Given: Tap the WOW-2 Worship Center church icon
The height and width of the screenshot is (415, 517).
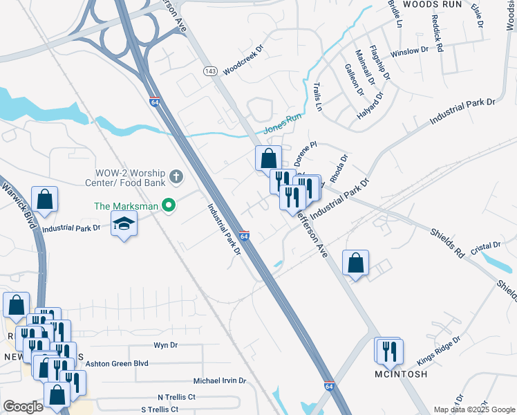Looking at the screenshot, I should (176, 176).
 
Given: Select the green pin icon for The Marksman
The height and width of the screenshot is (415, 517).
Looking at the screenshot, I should (167, 205).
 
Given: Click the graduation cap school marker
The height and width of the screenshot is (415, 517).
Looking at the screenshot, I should (124, 223).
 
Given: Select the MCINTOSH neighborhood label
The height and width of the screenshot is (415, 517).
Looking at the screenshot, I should (401, 374).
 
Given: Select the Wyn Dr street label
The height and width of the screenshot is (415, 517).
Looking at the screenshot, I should (165, 344).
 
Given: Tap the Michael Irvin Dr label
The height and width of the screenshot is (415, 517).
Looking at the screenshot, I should (220, 381).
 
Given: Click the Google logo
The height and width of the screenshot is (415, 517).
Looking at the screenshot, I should (23, 407).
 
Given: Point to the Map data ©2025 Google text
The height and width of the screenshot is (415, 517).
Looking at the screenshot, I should (473, 409).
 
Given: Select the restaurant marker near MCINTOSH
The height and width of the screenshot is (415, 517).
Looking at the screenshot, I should (390, 351).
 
